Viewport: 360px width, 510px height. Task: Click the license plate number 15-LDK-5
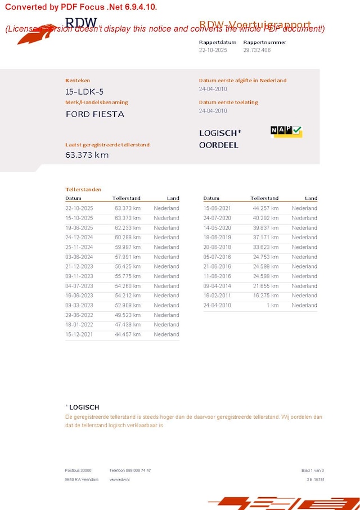84,92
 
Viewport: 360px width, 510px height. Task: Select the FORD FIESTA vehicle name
94,114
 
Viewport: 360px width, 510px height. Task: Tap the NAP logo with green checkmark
286,131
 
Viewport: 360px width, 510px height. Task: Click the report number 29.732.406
256,50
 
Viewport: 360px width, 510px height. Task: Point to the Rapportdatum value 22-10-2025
213,50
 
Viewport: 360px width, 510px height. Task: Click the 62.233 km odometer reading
128,228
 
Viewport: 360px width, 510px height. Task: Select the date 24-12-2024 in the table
79,238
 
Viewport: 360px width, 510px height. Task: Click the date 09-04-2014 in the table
217,286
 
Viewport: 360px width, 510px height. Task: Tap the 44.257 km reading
265,208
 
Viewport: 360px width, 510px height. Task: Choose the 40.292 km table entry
265,218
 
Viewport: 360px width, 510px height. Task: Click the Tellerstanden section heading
83,190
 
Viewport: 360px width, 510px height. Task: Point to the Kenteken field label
78,80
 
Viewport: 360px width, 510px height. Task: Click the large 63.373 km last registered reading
87,155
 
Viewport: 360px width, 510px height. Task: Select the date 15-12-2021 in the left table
79,334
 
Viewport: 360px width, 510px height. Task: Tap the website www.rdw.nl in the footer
119,479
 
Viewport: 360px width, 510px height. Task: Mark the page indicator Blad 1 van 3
312,470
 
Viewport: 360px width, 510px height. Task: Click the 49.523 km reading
128,315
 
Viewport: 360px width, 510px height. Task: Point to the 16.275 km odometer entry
265,296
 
